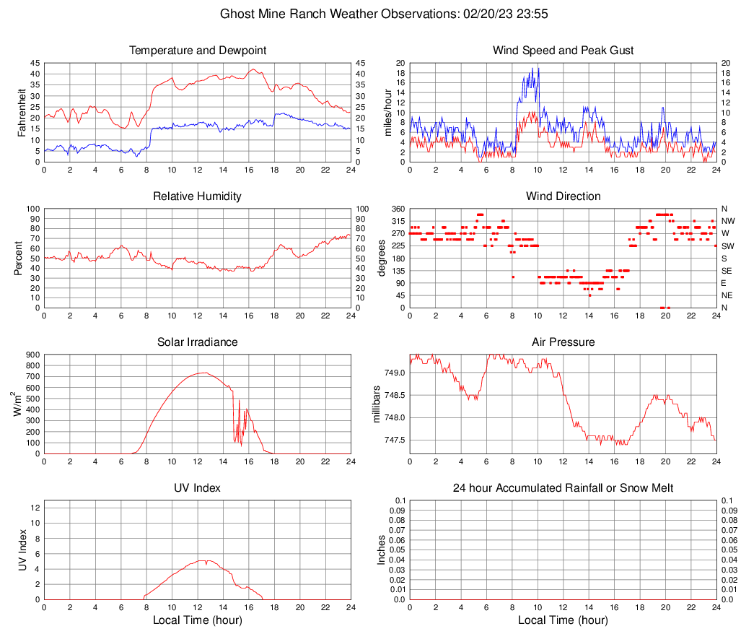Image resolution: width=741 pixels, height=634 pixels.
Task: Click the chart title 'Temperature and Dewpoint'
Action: click(198, 51)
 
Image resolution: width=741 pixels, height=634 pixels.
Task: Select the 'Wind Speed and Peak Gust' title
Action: click(563, 51)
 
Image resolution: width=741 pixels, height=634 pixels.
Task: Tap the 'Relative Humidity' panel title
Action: click(198, 196)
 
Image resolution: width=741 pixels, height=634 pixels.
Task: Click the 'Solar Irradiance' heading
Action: click(198, 342)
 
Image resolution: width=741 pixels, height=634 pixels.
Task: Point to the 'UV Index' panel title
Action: click(198, 488)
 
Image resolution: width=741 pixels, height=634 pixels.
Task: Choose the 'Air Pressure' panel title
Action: click(563, 342)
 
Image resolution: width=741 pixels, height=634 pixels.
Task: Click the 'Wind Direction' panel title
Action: click(563, 196)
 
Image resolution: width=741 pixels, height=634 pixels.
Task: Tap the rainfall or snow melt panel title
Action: click(563, 488)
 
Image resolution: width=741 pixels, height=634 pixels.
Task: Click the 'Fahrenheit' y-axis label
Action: click(22, 113)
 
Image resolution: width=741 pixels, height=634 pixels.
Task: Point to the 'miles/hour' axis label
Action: click(387, 113)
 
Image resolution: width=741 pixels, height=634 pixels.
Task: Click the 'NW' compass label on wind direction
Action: click(728, 221)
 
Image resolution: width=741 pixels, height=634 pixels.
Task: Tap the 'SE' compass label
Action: click(727, 271)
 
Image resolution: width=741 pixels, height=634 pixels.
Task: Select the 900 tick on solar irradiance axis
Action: click(32, 355)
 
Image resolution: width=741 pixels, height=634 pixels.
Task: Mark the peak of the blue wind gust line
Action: click(538, 68)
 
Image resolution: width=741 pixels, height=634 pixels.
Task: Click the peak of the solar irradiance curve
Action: click(203, 373)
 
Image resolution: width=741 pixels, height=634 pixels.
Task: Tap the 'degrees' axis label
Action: click(382, 259)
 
